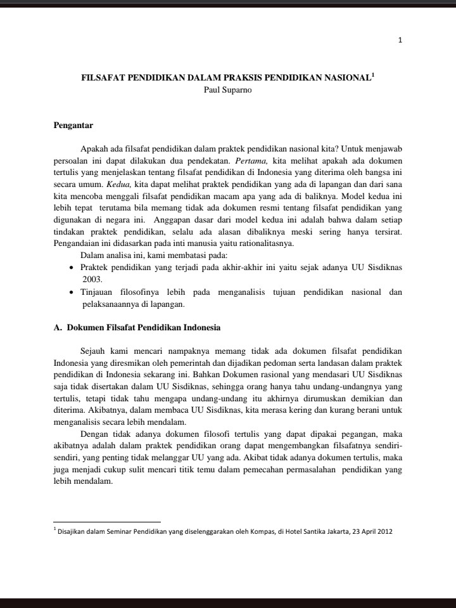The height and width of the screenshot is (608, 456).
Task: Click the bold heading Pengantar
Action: coord(73,126)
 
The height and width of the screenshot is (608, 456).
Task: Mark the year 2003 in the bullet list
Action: coord(92,280)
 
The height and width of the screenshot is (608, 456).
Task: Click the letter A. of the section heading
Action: coord(57,328)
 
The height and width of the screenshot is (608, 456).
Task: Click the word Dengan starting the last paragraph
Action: coord(95,434)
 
